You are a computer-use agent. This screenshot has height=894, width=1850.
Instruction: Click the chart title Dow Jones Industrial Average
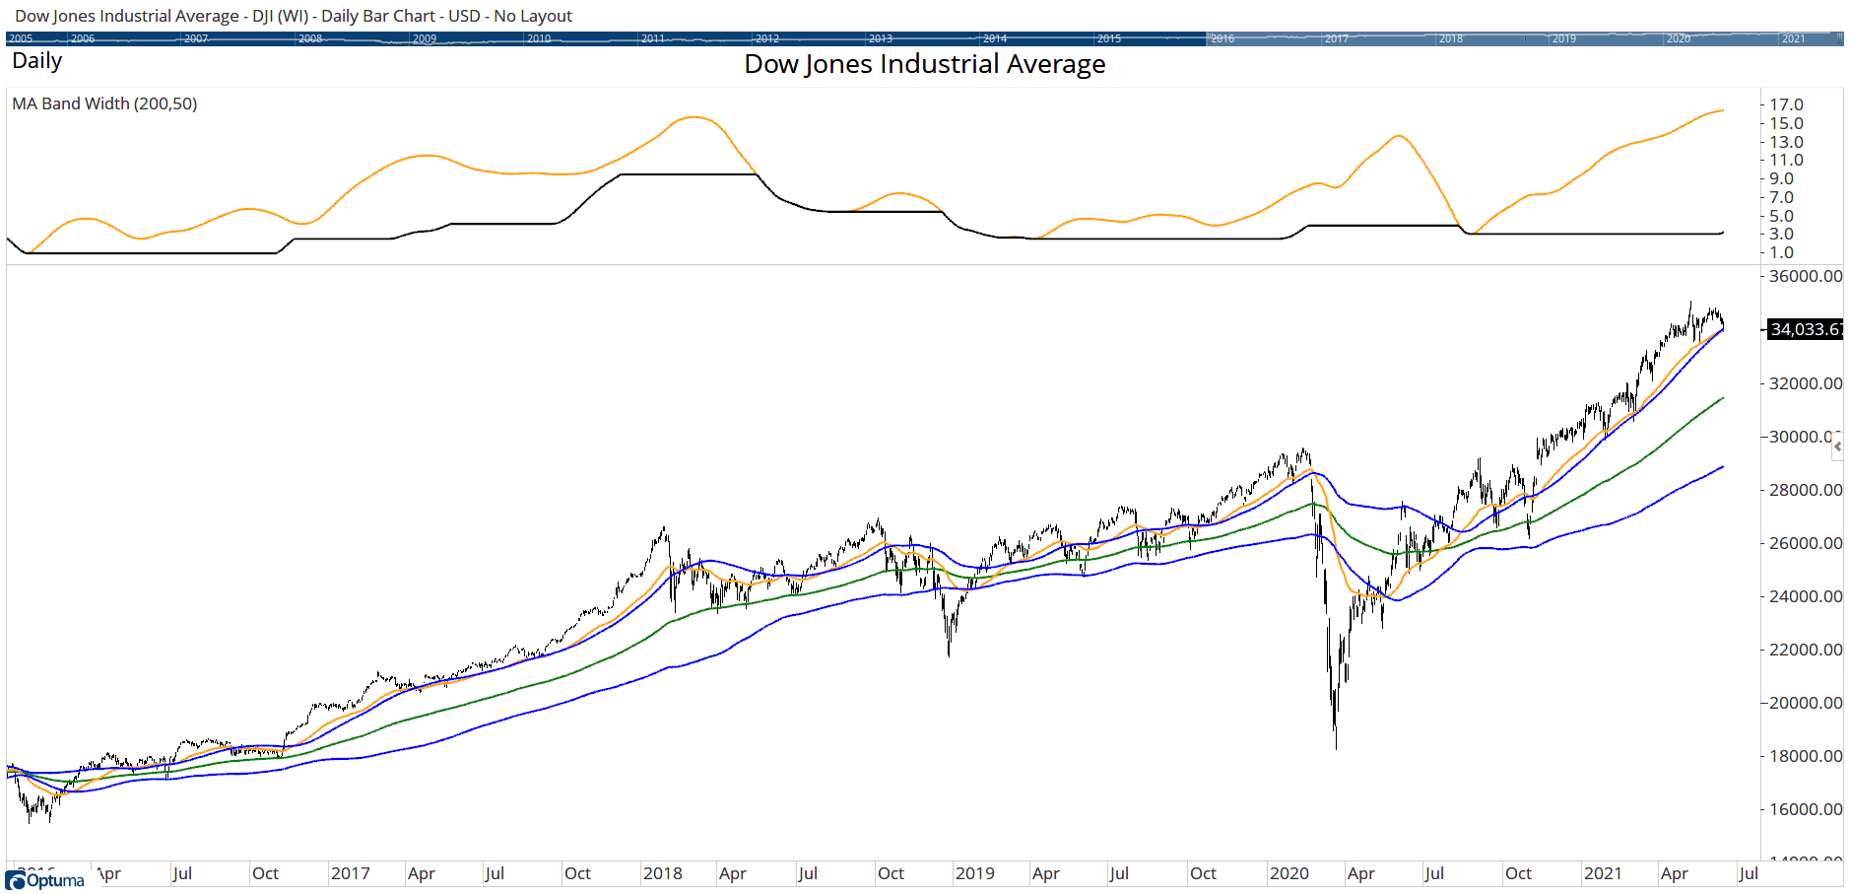[x=924, y=64]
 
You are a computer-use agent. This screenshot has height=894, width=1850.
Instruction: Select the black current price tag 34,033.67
[x=1805, y=329]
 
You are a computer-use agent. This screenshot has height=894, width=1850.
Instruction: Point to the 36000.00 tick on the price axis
[x=1805, y=276]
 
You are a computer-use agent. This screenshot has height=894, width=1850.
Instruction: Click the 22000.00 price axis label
[x=1805, y=650]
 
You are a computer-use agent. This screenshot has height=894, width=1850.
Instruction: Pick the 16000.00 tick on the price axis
[x=1805, y=809]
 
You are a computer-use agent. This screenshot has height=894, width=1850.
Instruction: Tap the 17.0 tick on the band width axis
[x=1786, y=104]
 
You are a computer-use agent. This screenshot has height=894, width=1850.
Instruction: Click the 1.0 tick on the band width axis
[x=1781, y=252]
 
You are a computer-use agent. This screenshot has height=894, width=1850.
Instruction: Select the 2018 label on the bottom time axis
[x=662, y=873]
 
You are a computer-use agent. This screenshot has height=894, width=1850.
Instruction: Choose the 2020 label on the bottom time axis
[x=1288, y=873]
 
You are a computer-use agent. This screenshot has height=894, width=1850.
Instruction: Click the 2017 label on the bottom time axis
[x=350, y=873]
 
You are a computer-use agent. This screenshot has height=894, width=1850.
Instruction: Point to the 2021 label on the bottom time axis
[x=1602, y=873]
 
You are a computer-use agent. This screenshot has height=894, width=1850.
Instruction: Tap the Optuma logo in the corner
[x=45, y=880]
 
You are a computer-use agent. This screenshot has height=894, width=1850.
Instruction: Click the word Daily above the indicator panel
[x=37, y=61]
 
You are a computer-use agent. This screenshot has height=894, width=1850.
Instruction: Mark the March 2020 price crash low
[x=1336, y=746]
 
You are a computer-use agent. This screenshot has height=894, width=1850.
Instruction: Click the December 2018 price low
[x=949, y=653]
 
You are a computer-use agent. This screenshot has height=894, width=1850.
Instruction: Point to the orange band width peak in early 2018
[x=694, y=117]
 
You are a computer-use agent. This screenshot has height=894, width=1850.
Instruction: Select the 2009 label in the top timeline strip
[x=425, y=38]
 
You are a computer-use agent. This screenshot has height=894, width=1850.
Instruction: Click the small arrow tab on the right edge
[x=1837, y=447]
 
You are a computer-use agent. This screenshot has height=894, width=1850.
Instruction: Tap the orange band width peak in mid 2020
[x=1399, y=135]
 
